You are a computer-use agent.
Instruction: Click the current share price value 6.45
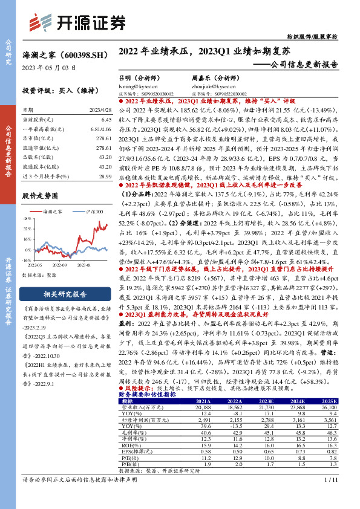107,121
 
